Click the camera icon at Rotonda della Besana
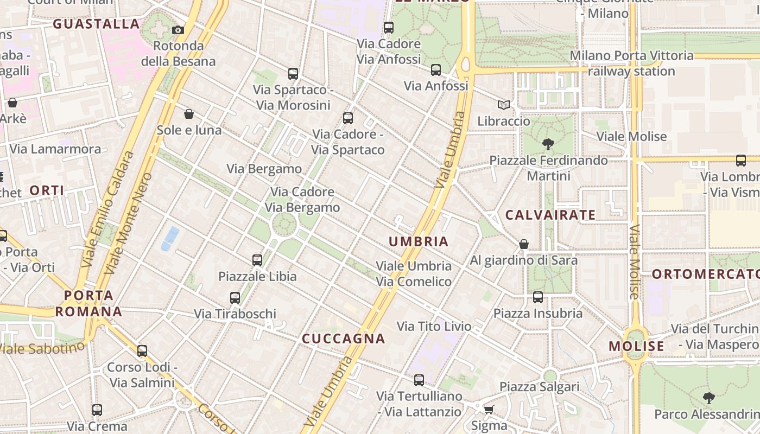click(178, 30)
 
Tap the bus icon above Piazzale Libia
click(257, 260)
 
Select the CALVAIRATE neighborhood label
click(550, 215)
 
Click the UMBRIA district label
click(419, 241)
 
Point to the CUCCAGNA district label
click(343, 339)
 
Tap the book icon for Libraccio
click(504, 105)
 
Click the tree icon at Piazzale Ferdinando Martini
click(548, 144)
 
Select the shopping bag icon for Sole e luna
click(189, 114)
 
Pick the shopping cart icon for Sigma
click(489, 410)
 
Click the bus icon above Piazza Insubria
click(538, 297)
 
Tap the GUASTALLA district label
click(97, 24)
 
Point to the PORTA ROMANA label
click(88, 303)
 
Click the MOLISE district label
click(636, 346)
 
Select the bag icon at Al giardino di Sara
click(524, 244)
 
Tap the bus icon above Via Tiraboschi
click(235, 298)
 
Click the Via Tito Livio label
click(434, 326)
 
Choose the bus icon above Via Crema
click(97, 410)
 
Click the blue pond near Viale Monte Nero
click(170, 238)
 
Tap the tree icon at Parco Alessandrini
click(708, 398)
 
